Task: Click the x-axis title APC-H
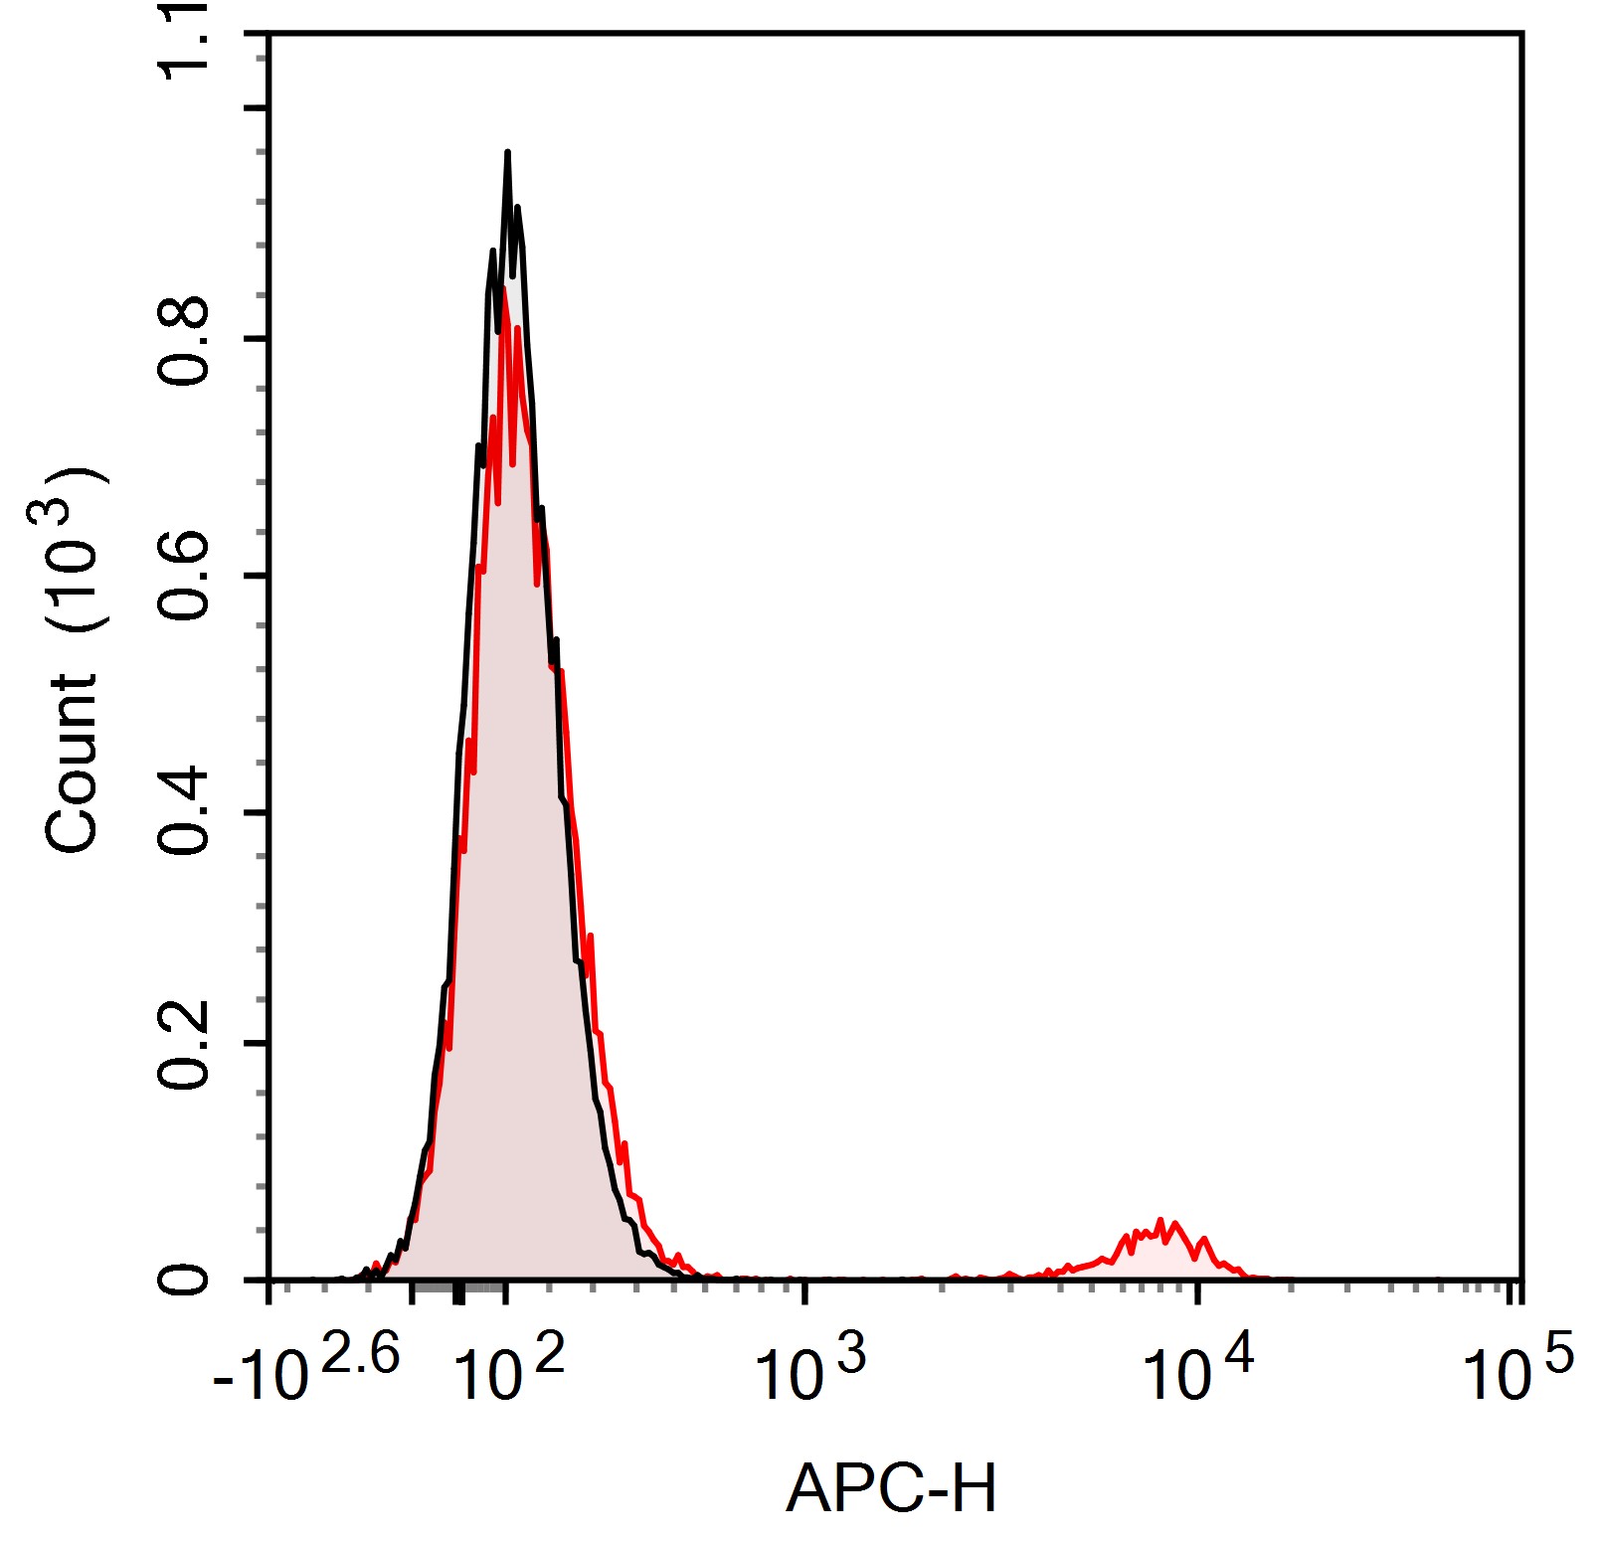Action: tap(891, 1488)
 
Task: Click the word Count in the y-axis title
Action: tap(72, 763)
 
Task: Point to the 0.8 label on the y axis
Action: tap(185, 341)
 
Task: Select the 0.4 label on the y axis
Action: tap(185, 812)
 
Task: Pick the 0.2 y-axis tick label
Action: tap(185, 1046)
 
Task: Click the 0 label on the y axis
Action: tap(185, 1279)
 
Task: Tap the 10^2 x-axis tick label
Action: tap(508, 1370)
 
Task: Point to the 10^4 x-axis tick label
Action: tap(1197, 1370)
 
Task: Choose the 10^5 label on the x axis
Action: tap(1517, 1370)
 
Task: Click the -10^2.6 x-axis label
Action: tap(306, 1370)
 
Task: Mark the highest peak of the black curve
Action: tap(507, 154)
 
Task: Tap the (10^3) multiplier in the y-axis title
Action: tap(70, 549)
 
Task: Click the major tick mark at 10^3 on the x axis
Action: tap(805, 1291)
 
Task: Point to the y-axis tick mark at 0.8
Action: tap(257, 339)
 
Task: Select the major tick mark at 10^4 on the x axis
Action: tap(1198, 1291)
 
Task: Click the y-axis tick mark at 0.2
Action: tap(257, 1044)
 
